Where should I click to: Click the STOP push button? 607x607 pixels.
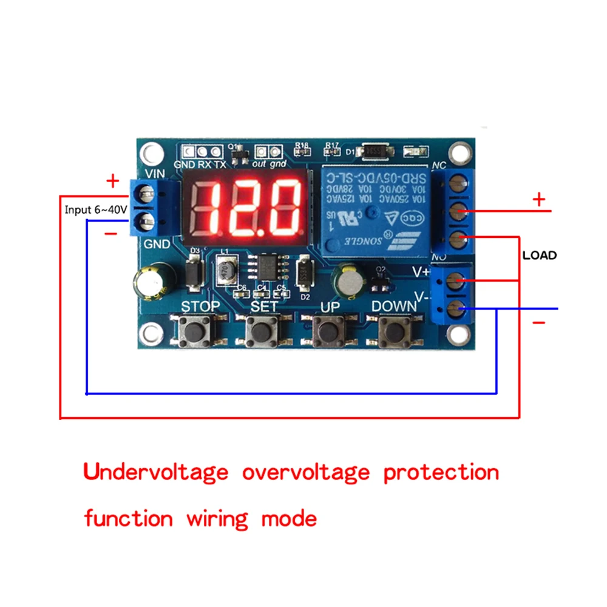click(x=195, y=331)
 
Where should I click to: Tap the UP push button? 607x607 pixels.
click(x=329, y=331)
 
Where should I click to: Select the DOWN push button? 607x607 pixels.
click(x=395, y=331)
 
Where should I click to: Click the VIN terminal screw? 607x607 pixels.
click(x=146, y=195)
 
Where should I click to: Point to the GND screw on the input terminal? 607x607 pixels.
click(x=146, y=220)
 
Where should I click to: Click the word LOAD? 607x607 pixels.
click(x=539, y=256)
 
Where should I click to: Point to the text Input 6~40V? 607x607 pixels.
click(x=96, y=210)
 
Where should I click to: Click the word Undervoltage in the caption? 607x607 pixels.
click(x=156, y=472)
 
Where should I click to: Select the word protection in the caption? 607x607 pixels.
click(x=441, y=472)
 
